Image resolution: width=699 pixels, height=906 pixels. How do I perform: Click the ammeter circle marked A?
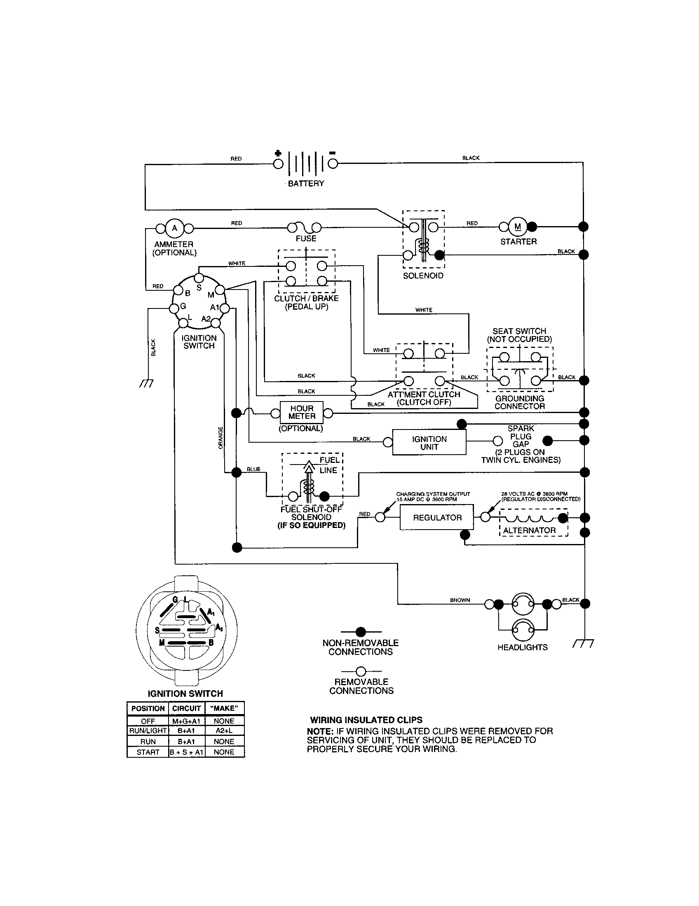point(174,228)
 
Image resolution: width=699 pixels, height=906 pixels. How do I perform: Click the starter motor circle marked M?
point(518,226)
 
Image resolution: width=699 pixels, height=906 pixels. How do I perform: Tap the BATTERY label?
point(306,183)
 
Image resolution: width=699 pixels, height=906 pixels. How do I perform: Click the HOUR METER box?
point(302,412)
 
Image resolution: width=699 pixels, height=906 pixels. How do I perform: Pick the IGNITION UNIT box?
point(429,443)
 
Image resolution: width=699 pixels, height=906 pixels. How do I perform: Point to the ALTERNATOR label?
point(529,530)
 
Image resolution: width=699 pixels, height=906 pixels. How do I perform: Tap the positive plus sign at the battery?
point(278,153)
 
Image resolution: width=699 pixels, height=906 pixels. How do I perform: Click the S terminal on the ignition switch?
point(199,278)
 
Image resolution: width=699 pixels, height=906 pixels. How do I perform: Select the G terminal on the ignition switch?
point(173,308)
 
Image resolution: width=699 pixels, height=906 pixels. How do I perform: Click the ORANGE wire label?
point(220,438)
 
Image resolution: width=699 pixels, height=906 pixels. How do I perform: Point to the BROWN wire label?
point(460,600)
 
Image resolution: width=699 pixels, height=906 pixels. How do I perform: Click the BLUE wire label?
point(253,469)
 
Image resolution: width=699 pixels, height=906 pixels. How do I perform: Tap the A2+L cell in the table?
point(224,731)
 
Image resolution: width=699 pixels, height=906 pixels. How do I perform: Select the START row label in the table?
point(148,752)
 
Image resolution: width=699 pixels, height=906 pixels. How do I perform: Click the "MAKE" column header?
point(224,708)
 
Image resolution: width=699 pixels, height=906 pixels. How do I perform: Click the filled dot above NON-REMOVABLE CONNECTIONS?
point(361,632)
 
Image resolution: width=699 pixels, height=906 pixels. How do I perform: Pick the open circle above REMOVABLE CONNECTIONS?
point(361,671)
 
